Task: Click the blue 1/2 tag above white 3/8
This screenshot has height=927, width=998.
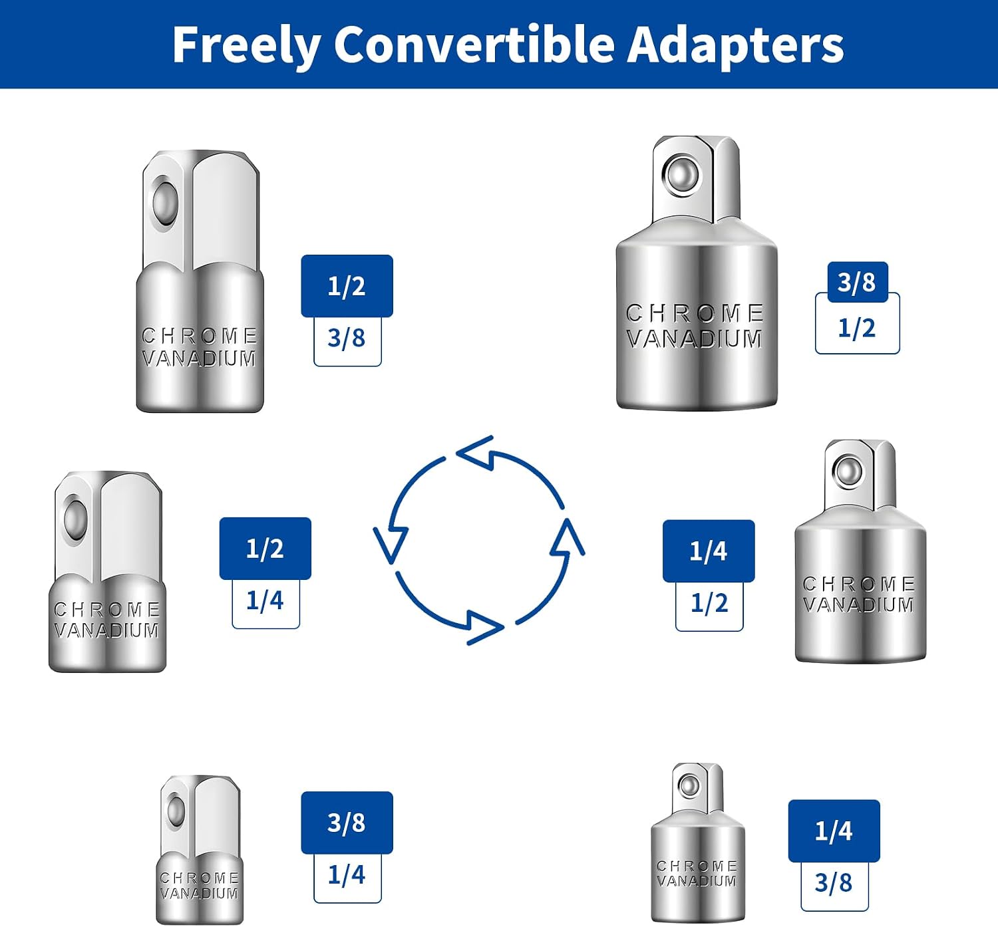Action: (x=347, y=286)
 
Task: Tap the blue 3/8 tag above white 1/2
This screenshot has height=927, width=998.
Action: (x=858, y=282)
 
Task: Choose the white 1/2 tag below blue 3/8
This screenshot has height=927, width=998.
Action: (x=858, y=328)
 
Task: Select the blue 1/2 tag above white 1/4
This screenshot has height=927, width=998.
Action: (x=265, y=548)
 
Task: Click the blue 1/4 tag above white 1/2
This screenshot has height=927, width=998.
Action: (x=709, y=551)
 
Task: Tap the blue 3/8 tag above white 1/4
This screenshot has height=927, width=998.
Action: (x=347, y=823)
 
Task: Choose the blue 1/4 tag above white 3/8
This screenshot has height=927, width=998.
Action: (x=834, y=831)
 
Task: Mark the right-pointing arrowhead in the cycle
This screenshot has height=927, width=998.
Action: (x=485, y=628)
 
